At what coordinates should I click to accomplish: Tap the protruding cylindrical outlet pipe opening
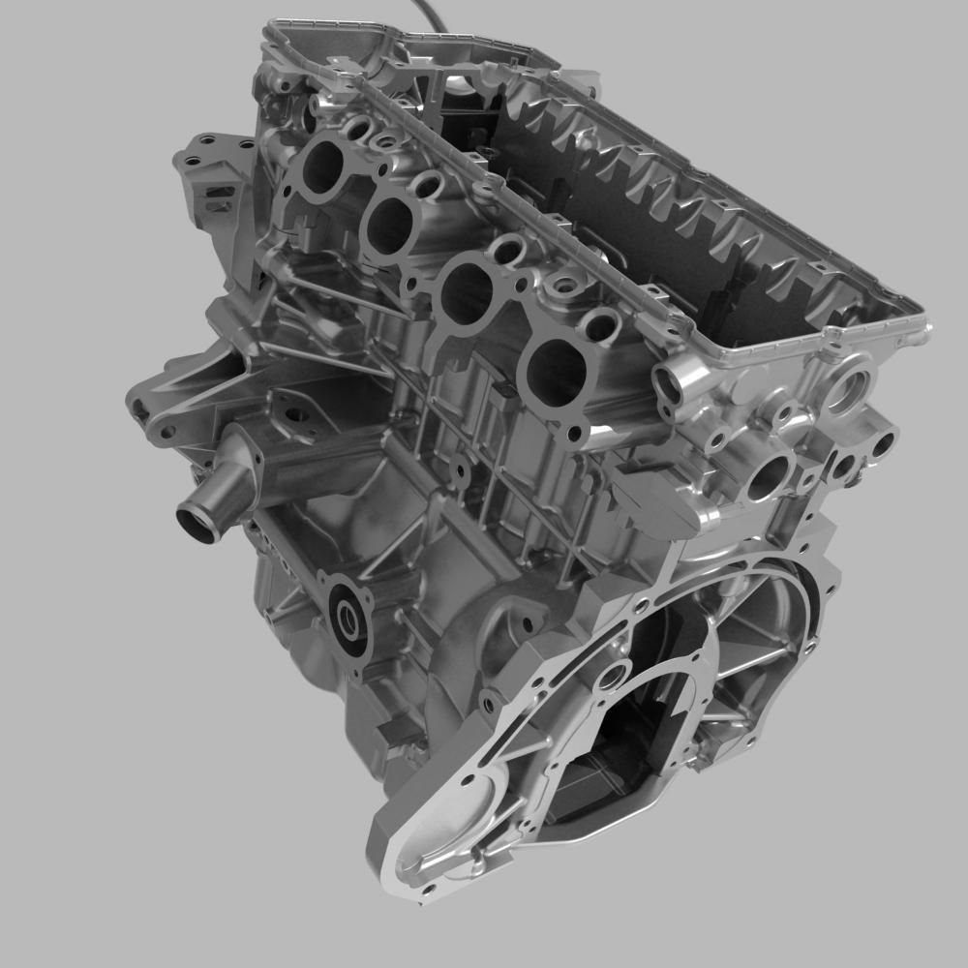point(198,523)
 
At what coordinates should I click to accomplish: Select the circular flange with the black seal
point(348,620)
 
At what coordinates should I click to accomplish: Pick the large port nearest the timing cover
point(551,374)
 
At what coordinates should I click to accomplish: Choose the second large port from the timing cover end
point(468,294)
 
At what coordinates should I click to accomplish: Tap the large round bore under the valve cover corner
point(847,386)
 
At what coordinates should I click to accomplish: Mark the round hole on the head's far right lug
point(883,446)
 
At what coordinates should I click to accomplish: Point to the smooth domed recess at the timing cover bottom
point(440,832)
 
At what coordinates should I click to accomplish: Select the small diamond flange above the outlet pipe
point(296,417)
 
